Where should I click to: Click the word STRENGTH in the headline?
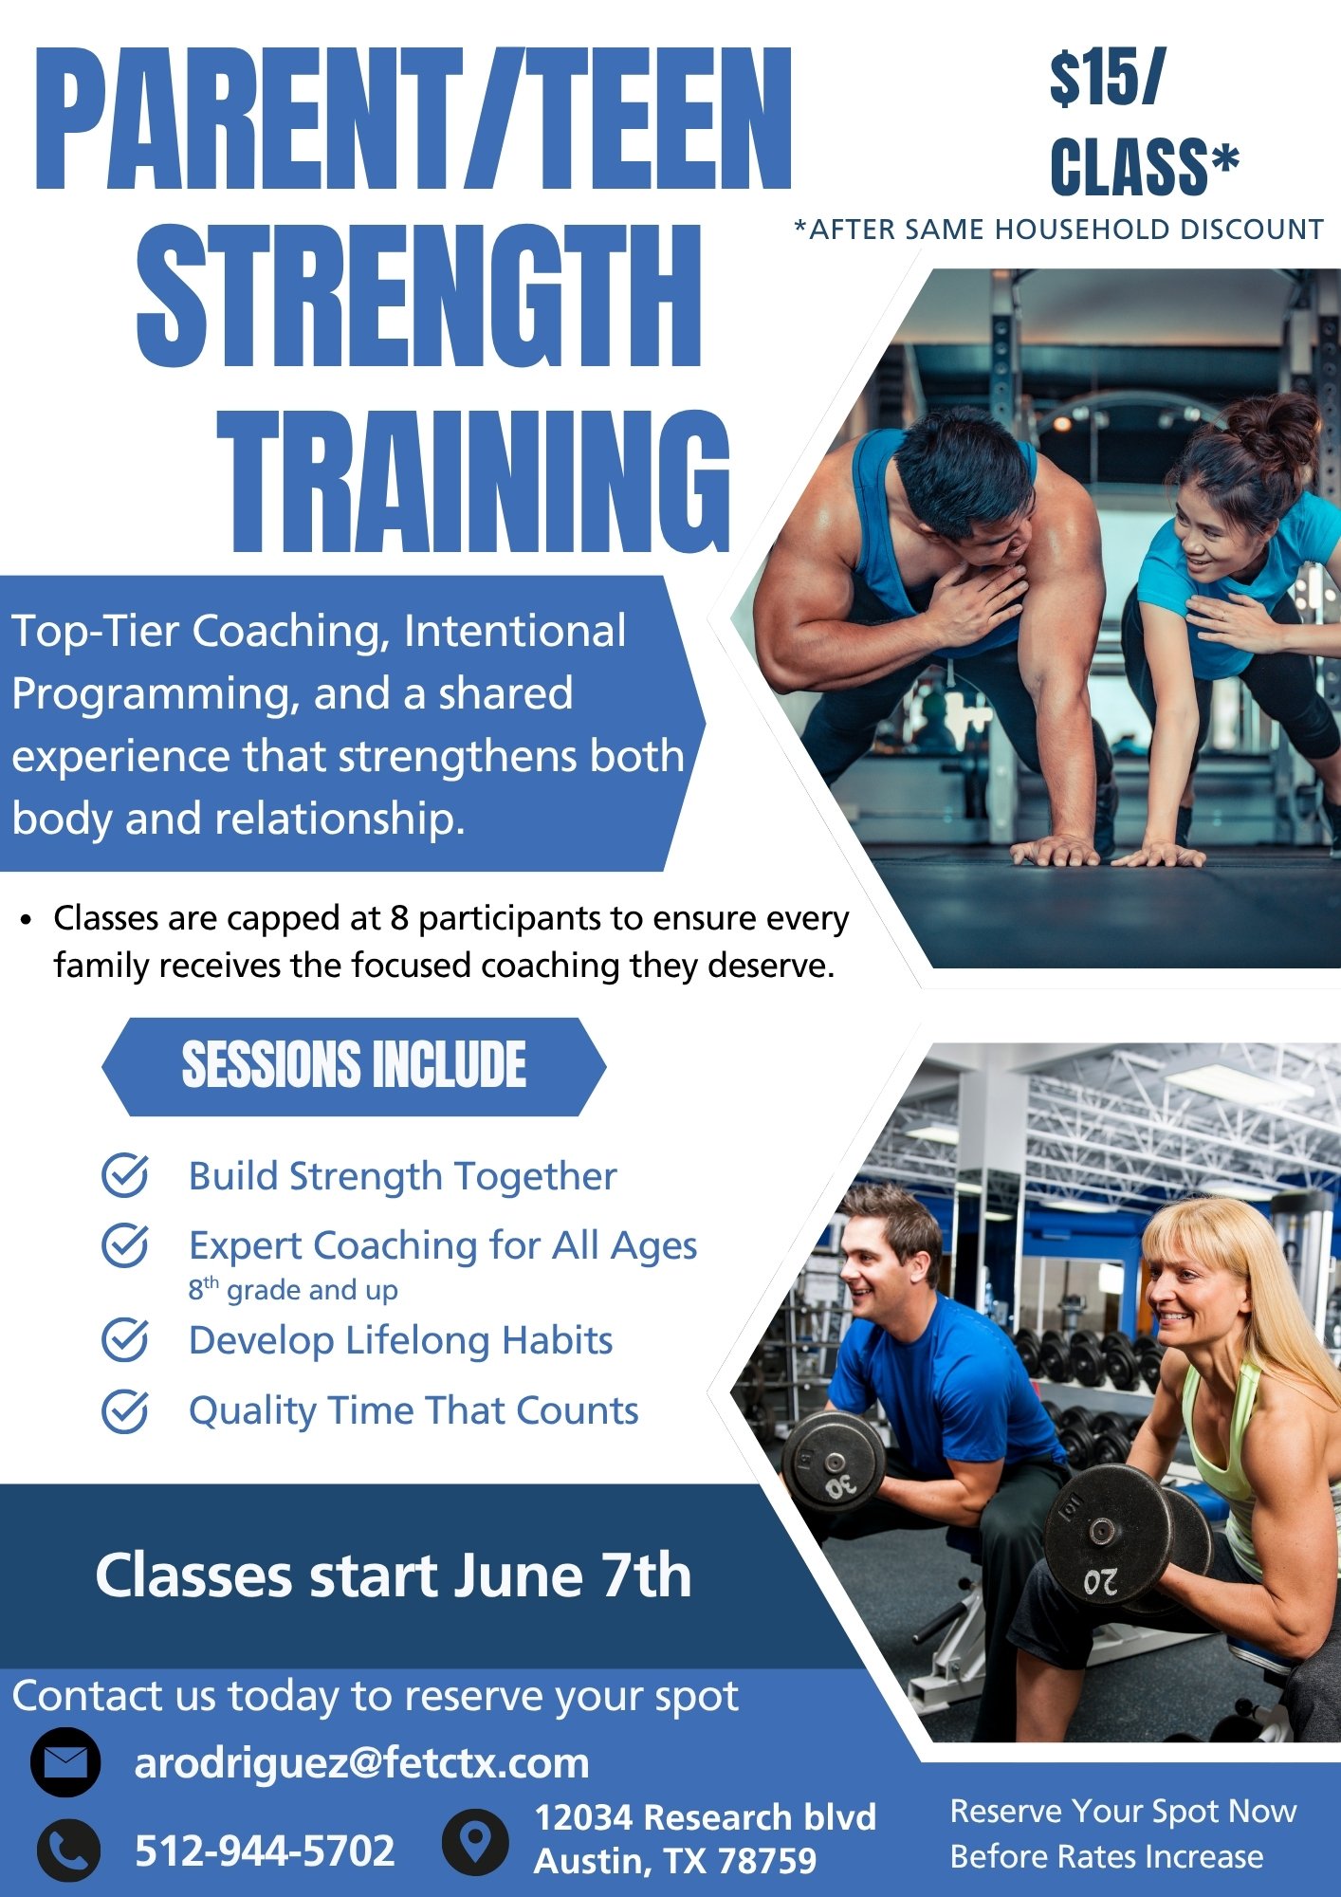pyautogui.click(x=418, y=296)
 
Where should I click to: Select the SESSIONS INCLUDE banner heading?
pyautogui.click(x=354, y=1064)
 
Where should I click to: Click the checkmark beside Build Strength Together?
pyautogui.click(x=125, y=1175)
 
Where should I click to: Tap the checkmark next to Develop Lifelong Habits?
pyautogui.click(x=125, y=1339)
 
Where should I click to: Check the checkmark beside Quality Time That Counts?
pyautogui.click(x=125, y=1410)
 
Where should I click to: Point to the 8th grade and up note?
pyautogui.click(x=293, y=1289)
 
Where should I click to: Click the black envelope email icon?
pyautogui.click(x=65, y=1762)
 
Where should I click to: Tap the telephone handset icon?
pyautogui.click(x=68, y=1850)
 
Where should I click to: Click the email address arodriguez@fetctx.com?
pyautogui.click(x=361, y=1763)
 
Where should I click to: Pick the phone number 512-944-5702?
pyautogui.click(x=265, y=1851)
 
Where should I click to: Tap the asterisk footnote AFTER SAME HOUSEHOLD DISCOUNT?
pyautogui.click(x=1058, y=230)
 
